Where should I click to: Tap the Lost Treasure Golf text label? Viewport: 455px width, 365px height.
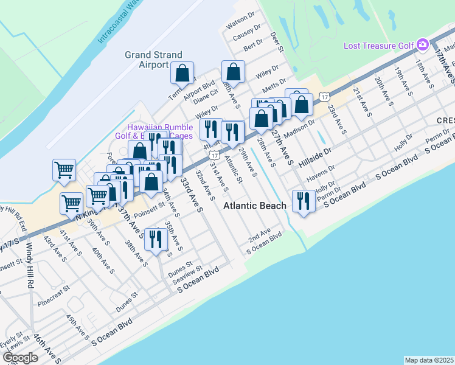click(x=378, y=45)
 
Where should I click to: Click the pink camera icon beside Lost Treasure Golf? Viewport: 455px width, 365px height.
click(x=423, y=44)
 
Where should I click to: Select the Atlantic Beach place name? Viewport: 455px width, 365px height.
click(x=254, y=206)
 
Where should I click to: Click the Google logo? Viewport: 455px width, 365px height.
click(x=20, y=358)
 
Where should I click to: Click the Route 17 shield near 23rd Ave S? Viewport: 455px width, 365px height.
click(x=325, y=96)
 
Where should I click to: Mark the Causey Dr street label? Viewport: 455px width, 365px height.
click(x=248, y=30)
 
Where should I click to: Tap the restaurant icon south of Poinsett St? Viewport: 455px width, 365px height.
click(x=156, y=239)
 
